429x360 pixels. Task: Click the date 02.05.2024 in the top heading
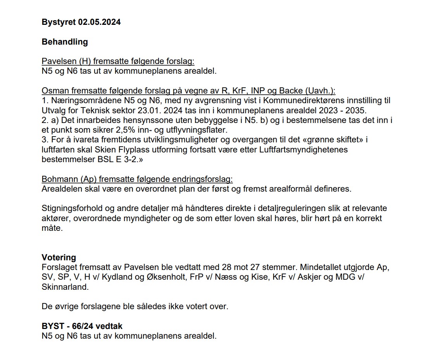coord(99,22)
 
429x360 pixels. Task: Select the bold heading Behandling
coord(65,42)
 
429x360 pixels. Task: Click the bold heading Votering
coord(59,258)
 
